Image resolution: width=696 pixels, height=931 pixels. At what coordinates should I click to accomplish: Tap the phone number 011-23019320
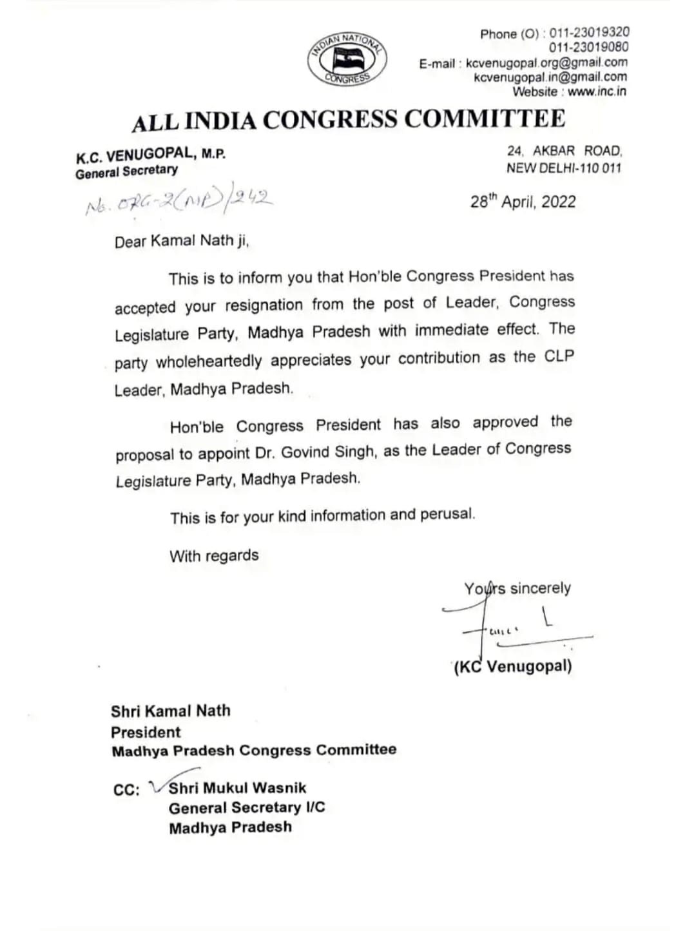(x=589, y=33)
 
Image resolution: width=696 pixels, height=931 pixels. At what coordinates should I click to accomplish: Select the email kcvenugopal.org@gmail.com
(x=546, y=62)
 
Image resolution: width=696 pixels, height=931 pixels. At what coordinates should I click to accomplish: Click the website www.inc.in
(x=597, y=91)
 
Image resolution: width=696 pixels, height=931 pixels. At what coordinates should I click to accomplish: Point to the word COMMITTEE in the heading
(x=485, y=119)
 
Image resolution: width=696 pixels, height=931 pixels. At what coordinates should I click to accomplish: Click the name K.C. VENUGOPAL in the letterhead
(x=134, y=155)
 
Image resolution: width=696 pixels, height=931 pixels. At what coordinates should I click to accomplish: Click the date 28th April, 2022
(x=523, y=202)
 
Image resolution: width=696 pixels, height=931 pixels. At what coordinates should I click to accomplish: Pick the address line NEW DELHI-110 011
(x=564, y=168)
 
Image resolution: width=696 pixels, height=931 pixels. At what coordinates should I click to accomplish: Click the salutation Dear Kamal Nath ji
(x=182, y=242)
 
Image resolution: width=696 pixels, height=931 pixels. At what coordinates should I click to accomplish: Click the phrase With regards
(x=214, y=555)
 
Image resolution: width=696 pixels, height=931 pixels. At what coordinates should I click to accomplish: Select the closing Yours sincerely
(x=517, y=588)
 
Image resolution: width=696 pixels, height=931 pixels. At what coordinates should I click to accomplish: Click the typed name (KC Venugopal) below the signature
(x=513, y=666)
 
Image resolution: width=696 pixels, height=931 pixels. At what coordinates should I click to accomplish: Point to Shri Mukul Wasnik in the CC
(x=237, y=788)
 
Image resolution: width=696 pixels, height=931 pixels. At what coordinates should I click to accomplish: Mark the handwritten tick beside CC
(x=157, y=785)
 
